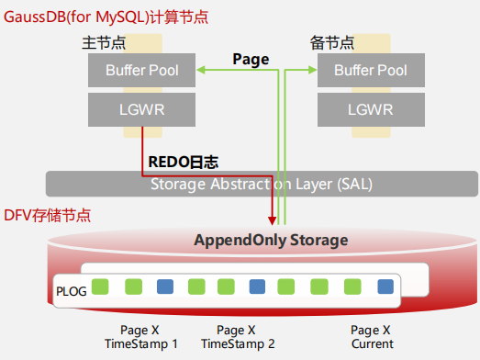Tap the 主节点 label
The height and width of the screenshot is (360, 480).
(102, 44)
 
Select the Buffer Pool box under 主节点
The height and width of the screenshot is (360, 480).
(142, 70)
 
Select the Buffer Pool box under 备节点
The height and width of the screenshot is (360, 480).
(371, 70)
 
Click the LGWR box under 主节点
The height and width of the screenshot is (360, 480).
(142, 110)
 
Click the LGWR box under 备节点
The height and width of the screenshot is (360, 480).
(371, 110)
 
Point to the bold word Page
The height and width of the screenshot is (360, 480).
(251, 60)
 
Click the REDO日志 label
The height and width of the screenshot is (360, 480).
(184, 162)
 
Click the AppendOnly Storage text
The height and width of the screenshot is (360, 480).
(271, 240)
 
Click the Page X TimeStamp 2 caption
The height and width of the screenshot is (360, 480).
(238, 337)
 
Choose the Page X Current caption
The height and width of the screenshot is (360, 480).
(371, 337)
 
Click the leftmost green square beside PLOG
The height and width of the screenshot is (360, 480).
(101, 287)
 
